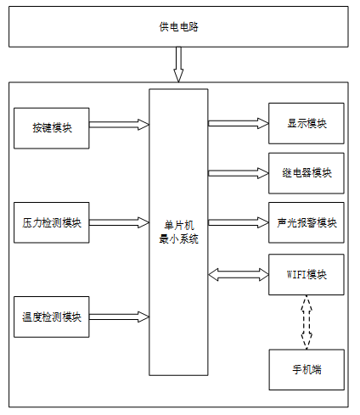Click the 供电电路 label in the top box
click(x=178, y=27)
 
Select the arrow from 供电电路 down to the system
click(x=178, y=64)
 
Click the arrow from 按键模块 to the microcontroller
click(x=119, y=125)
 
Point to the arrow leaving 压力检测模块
click(x=119, y=222)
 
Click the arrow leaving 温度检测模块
click(x=119, y=317)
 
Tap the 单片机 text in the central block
click(x=179, y=226)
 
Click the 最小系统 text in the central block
click(x=179, y=239)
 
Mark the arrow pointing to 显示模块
click(x=239, y=123)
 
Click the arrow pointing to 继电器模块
click(x=239, y=173)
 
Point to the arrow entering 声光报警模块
click(x=239, y=222)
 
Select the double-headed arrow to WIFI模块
click(x=239, y=274)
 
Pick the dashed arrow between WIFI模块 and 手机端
click(x=307, y=322)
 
